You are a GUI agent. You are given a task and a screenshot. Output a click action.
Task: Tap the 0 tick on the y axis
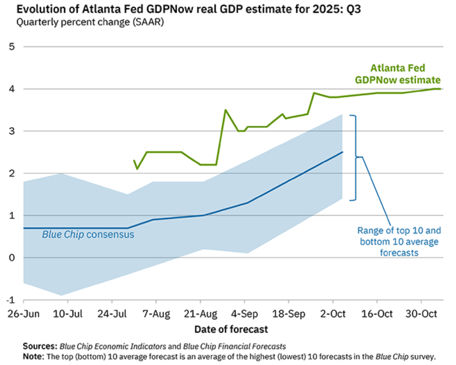12,257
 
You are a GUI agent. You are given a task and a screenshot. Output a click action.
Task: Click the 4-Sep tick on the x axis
244,314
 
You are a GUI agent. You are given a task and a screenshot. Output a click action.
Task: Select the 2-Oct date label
333,314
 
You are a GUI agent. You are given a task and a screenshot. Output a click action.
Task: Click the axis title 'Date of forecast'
231,329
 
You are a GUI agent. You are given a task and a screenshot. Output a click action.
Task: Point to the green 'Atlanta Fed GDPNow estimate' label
397,74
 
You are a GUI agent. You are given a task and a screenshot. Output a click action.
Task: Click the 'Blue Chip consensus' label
88,235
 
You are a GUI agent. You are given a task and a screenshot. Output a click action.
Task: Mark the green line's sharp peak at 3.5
225,110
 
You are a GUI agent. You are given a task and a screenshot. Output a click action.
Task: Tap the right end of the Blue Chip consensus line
342,152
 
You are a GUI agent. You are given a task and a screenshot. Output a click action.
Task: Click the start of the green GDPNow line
134,160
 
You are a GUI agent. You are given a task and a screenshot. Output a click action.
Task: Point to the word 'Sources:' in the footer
39,346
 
